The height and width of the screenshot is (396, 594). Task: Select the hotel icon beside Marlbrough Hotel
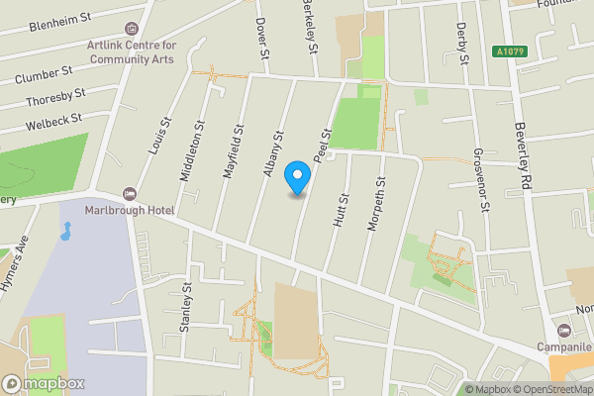128,193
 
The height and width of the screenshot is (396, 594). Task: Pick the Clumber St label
46,73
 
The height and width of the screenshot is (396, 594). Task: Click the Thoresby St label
55,98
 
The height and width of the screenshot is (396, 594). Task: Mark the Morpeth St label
374,205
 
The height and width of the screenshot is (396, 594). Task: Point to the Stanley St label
186,308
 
